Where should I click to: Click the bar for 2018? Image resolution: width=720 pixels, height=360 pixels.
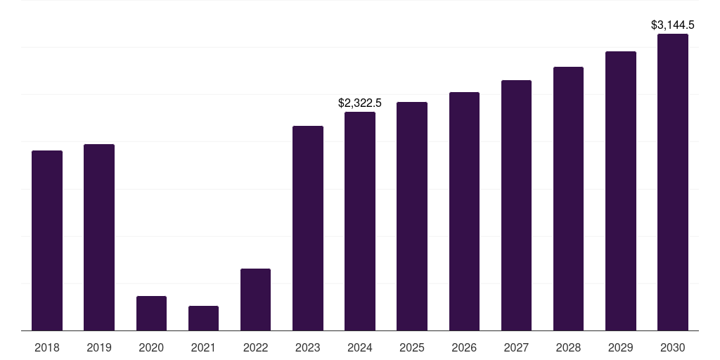coord(47,240)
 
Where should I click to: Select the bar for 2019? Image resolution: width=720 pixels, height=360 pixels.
coord(99,237)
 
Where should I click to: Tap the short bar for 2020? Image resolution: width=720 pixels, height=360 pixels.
coord(151,314)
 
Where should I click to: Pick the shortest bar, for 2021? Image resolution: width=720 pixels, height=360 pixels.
coord(203,319)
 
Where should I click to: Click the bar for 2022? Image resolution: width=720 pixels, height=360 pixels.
coord(255,300)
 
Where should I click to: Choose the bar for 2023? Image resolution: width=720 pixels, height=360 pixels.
coord(308,228)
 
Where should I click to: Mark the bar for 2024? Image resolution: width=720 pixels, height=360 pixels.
coord(360,221)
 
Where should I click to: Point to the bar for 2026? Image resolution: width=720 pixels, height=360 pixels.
coord(464,211)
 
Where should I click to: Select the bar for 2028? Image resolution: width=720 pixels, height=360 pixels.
coord(568,198)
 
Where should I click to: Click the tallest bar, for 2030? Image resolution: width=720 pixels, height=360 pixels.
coord(673,182)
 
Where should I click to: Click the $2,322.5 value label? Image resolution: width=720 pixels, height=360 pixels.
coord(360,103)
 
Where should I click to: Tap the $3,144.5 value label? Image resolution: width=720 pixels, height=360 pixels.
coord(673,25)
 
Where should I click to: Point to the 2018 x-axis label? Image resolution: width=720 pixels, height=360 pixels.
coord(47,347)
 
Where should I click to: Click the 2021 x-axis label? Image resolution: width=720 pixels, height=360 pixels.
coord(203,347)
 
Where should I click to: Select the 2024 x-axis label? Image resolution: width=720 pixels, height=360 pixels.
coord(360,347)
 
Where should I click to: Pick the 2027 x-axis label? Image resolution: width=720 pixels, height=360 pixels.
coord(516,347)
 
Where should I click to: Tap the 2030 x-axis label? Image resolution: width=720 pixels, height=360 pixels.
coord(673,347)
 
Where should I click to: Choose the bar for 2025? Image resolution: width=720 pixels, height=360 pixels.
coord(412,216)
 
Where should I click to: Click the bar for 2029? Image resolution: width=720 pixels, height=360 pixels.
coord(621,191)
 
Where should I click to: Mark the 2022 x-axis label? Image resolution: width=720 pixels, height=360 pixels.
coord(255,347)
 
